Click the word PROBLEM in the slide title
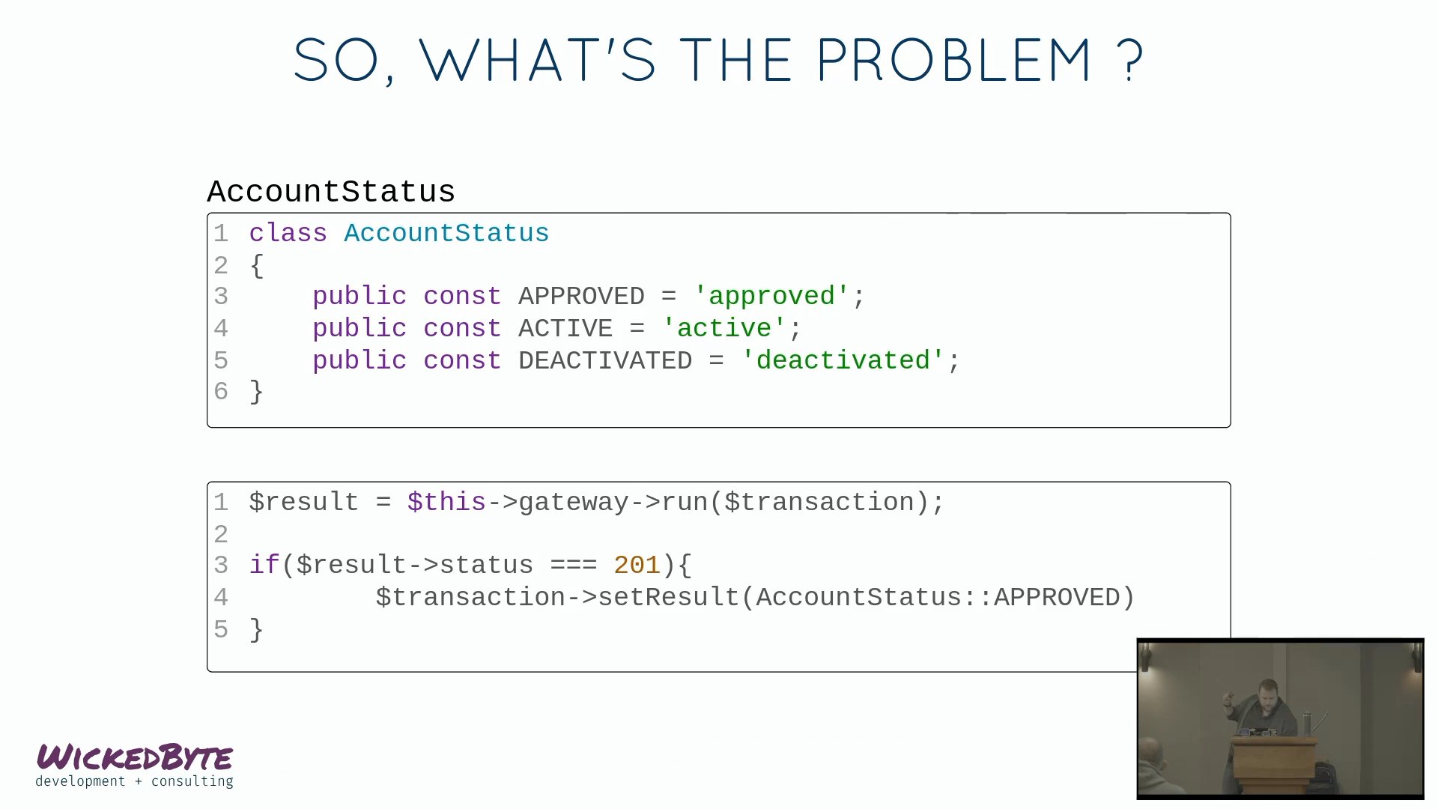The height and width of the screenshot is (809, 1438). [x=953, y=60]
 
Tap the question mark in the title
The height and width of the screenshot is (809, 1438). [x=1129, y=60]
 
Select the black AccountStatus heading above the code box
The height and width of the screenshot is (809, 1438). [x=331, y=192]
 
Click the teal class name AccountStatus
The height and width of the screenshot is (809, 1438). [x=446, y=233]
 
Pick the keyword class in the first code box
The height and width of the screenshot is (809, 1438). [x=288, y=233]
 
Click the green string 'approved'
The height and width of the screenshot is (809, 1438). [x=771, y=296]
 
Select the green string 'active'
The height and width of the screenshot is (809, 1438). [x=724, y=328]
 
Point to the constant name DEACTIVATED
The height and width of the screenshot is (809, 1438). [x=605, y=360]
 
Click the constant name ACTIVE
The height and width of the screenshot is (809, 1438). [x=565, y=328]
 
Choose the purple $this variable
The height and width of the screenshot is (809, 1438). [x=447, y=502]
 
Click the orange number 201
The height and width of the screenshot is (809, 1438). [x=637, y=565]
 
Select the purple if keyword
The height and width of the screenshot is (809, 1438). [x=264, y=565]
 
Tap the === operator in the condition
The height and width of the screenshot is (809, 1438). [x=574, y=566]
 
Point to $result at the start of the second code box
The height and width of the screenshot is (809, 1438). [x=304, y=502]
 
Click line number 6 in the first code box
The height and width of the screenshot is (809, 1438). [x=221, y=391]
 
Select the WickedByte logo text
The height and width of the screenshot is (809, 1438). [x=135, y=757]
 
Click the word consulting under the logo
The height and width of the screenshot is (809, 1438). [x=192, y=781]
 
